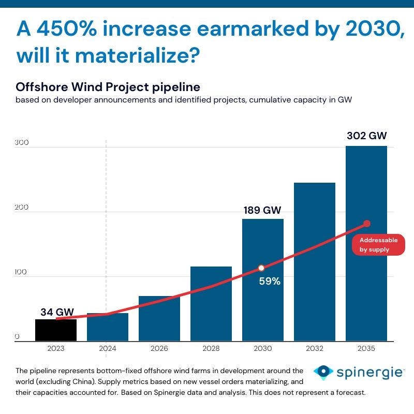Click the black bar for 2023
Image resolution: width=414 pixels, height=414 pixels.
(56, 330)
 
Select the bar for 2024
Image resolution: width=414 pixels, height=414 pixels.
(108, 327)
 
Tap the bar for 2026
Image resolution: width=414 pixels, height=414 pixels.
(159, 319)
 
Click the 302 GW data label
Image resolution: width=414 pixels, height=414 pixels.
(366, 136)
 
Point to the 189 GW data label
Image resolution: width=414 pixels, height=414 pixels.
(263, 210)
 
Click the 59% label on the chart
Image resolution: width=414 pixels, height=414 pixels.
(270, 282)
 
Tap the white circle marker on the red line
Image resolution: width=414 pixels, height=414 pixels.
(261, 268)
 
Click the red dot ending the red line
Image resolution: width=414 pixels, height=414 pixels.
(367, 224)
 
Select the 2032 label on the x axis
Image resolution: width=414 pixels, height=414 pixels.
(315, 349)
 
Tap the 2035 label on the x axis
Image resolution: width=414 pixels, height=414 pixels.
(366, 349)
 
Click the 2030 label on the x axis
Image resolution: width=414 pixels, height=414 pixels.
(263, 349)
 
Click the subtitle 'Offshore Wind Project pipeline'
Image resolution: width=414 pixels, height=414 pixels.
(108, 86)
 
